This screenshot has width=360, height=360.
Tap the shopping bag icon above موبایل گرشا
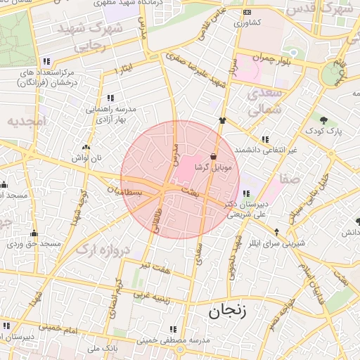pos(214,155)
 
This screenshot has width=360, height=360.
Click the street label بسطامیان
pos(124,191)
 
